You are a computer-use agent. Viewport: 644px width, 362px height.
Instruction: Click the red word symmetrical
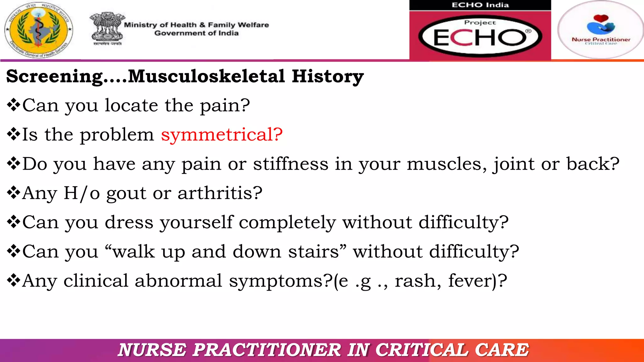(x=222, y=135)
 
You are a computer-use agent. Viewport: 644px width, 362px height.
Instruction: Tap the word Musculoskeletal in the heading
(x=206, y=76)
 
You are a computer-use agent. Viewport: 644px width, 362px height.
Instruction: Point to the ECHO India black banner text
(x=480, y=5)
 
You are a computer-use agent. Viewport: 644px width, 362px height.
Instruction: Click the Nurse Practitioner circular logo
(x=601, y=30)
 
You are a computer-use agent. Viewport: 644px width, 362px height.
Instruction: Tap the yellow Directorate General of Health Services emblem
(x=39, y=30)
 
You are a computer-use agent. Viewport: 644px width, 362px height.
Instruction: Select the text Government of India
(x=196, y=33)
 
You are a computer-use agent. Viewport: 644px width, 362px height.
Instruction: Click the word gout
(x=126, y=194)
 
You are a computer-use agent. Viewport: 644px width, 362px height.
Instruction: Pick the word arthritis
(x=220, y=193)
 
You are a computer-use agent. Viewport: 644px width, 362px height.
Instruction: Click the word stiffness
(x=291, y=164)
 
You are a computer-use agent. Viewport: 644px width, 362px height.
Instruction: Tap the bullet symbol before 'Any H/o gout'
(x=14, y=193)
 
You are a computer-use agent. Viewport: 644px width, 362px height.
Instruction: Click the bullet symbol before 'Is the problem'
(x=14, y=134)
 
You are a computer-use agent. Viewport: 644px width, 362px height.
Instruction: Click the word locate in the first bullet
(x=131, y=105)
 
